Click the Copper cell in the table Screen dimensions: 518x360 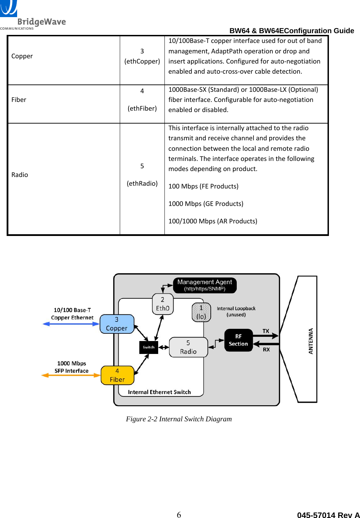click(22, 56)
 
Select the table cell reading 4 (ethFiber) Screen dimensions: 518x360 click(142, 100)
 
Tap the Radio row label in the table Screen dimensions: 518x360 click(20, 175)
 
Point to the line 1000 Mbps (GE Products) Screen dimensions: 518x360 click(206, 204)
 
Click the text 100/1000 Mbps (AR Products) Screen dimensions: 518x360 click(213, 221)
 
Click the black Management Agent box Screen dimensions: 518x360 click(205, 285)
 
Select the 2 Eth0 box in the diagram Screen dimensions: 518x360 click(163, 304)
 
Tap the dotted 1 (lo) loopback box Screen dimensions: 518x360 click(201, 312)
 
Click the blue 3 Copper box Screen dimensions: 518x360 click(117, 324)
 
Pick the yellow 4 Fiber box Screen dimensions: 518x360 click(117, 375)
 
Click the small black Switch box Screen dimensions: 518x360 click(148, 347)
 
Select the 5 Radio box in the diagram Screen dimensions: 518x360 click(188, 347)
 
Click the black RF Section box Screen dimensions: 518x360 click(238, 340)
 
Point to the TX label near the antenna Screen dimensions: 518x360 click(266, 331)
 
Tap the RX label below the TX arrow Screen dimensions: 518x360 click(266, 349)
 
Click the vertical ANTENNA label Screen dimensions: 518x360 click(311, 341)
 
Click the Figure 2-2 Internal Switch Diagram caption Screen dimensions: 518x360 click(179, 419)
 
